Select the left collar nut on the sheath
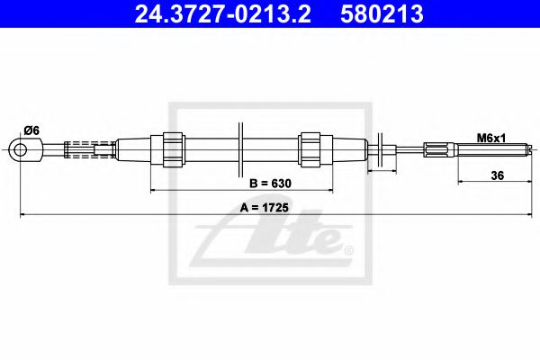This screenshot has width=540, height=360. click(x=174, y=148)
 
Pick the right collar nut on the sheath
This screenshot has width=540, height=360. click(x=310, y=148)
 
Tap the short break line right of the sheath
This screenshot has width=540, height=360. click(x=382, y=149)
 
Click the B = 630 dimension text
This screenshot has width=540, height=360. click(x=269, y=183)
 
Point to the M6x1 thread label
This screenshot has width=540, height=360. click(x=490, y=138)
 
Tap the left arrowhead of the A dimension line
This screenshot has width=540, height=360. click(x=22, y=215)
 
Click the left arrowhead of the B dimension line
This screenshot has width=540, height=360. click(x=153, y=191)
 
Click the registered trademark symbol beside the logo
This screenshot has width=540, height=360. click(x=348, y=249)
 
